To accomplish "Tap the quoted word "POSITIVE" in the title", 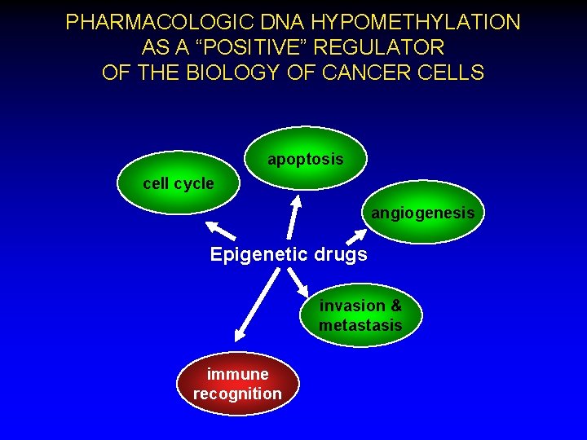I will click(262, 47).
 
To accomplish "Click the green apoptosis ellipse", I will click(306, 159).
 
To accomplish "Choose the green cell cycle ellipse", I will click(179, 183).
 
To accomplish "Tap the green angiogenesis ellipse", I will click(422, 213).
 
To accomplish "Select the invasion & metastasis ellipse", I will click(360, 315).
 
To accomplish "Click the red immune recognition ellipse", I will click(237, 384).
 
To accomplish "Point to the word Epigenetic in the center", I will click(255, 254).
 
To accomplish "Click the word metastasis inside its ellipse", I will click(360, 325).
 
